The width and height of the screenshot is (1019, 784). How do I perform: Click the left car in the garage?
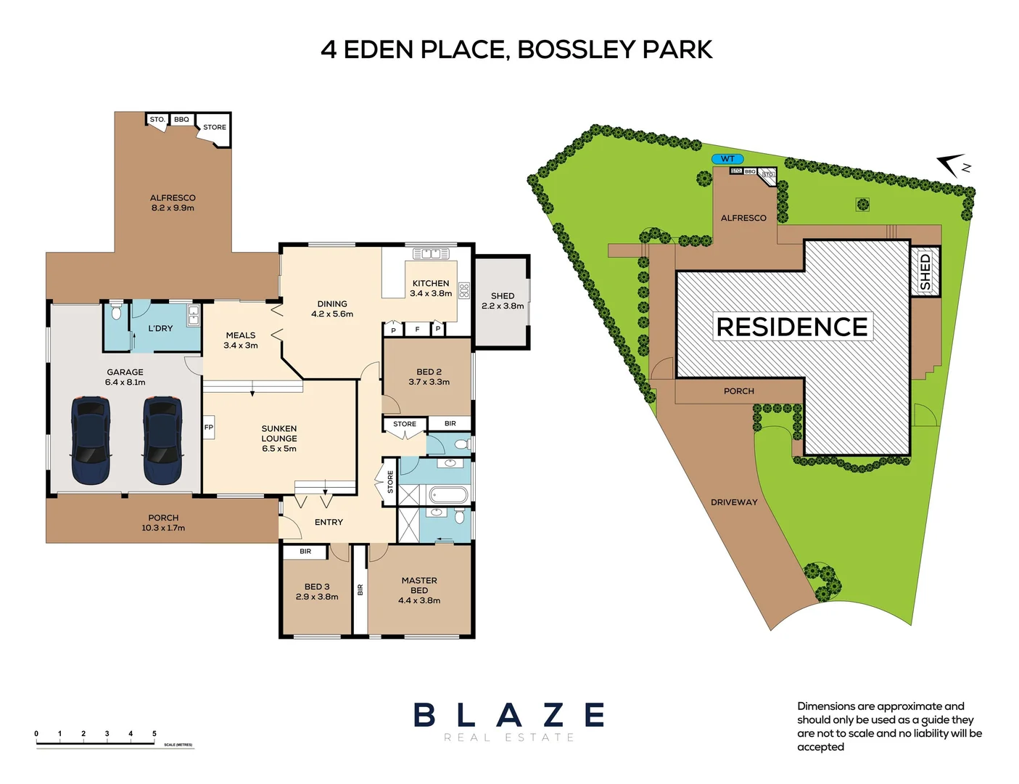pos(91,441)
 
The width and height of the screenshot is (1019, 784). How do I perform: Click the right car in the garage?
pos(163,441)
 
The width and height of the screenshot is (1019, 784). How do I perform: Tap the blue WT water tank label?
pos(727,159)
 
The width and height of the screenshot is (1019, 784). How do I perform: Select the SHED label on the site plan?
pos(925,271)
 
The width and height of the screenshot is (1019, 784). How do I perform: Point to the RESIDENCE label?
pos(792,327)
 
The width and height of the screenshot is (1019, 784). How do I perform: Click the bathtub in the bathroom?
pos(447,496)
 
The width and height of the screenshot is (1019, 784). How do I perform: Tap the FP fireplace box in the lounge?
pos(209,428)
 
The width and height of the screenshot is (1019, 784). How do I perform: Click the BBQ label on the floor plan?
pos(181,120)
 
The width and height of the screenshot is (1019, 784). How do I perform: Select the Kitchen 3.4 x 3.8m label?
pos(431,288)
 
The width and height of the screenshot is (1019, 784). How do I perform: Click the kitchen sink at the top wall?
pos(431,254)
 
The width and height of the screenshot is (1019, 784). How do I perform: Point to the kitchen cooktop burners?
pos(464,291)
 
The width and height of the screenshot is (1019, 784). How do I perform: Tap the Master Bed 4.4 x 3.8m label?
pos(419,590)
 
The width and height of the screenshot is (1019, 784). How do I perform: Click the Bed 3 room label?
pos(317,592)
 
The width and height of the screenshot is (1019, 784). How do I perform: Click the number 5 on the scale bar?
pos(154,734)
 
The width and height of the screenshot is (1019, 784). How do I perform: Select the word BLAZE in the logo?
pos(508,715)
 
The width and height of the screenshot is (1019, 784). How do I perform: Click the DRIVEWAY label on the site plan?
pos(734,502)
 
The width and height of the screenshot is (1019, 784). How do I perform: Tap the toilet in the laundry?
pos(116,314)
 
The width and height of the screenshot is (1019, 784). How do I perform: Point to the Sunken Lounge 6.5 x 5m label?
pos(279,438)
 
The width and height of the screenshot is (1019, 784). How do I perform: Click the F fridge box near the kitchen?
pos(417,330)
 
